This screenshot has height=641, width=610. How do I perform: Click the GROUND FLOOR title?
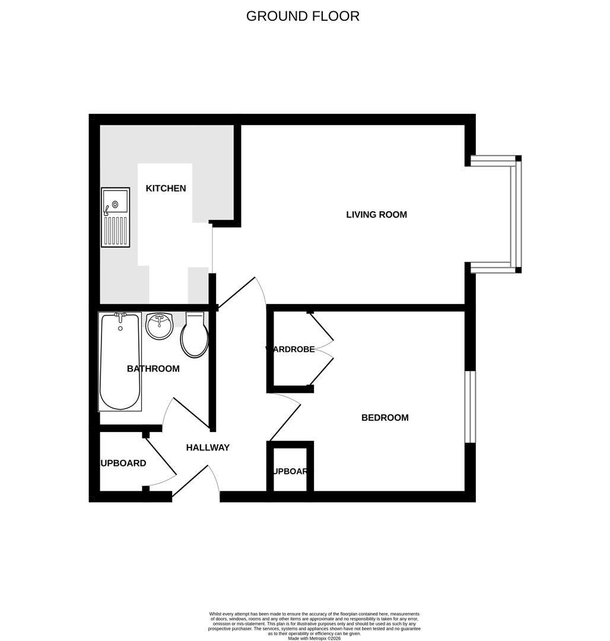click(303, 16)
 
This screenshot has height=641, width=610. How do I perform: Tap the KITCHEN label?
click(166, 188)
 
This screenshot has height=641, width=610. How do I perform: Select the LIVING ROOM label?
click(376, 214)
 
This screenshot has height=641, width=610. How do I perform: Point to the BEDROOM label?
click(385, 417)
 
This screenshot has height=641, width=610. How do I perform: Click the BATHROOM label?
click(153, 369)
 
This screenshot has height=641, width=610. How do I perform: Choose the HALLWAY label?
click(208, 448)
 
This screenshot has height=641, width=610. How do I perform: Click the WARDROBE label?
click(290, 350)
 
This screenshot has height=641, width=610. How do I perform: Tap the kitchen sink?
click(115, 217)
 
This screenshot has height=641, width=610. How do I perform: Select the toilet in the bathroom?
click(195, 336)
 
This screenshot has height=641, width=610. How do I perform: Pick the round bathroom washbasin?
click(158, 326)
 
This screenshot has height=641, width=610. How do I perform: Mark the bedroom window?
click(470, 407)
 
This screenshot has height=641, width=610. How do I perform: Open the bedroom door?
click(285, 422)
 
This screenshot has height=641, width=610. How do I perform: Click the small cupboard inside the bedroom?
click(290, 469)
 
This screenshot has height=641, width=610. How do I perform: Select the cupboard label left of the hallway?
click(123, 463)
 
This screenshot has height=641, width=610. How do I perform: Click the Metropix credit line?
click(314, 638)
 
